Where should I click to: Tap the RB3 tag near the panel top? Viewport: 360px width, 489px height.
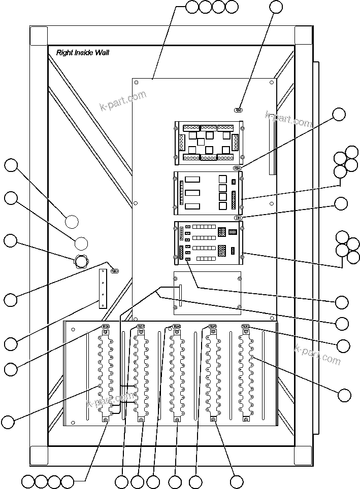pyautogui.click(x=239, y=110)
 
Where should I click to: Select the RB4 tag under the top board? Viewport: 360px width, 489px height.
pyautogui.click(x=237, y=168)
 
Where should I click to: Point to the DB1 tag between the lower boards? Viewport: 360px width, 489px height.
pyautogui.click(x=238, y=218)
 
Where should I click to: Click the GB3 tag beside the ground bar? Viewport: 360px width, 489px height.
pyautogui.click(x=114, y=271)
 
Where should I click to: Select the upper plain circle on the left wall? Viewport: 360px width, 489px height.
pyautogui.click(x=72, y=222)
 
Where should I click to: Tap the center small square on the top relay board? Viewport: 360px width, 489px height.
pyautogui.click(x=201, y=143)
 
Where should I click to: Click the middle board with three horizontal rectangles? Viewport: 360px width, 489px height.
pyautogui.click(x=208, y=193)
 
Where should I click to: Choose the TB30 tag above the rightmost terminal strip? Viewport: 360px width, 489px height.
pyautogui.click(x=246, y=326)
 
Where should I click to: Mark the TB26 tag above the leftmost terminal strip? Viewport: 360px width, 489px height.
pyautogui.click(x=106, y=326)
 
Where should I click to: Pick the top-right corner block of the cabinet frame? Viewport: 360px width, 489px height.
pyautogui.click(x=303, y=35)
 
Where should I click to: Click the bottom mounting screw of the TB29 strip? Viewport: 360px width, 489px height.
pyautogui.click(x=213, y=419)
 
